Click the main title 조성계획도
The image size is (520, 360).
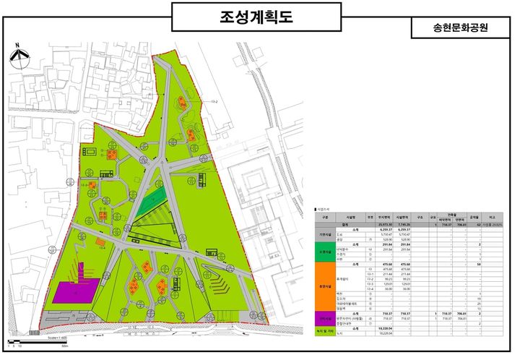(256, 17)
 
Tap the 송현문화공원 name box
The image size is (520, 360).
(459, 28)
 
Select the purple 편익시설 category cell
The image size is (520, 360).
(324, 317)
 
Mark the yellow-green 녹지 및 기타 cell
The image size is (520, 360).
(324, 331)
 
